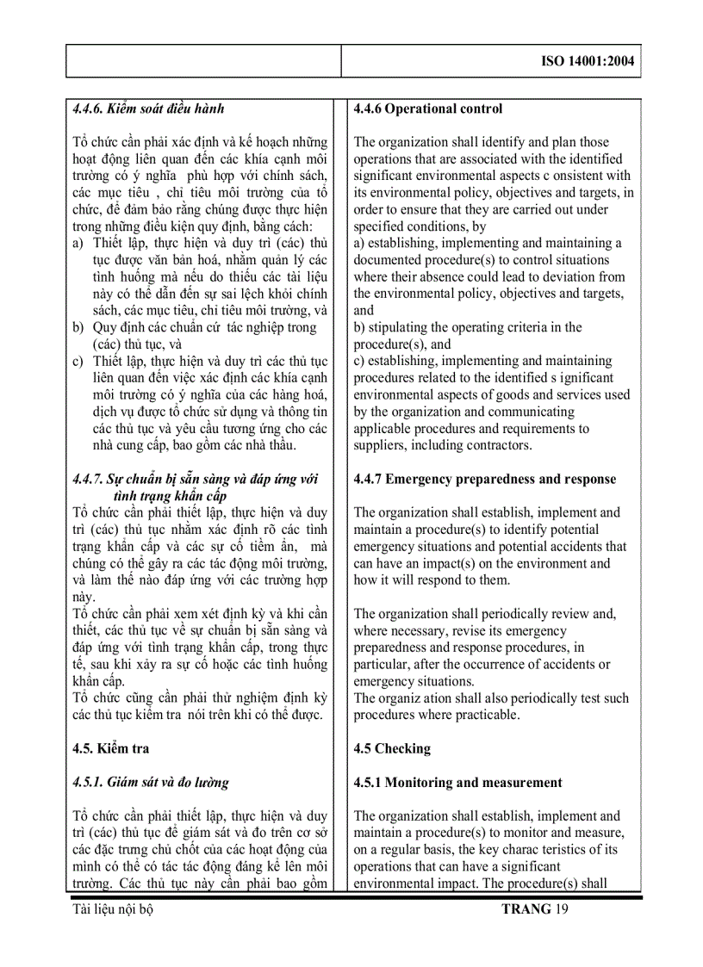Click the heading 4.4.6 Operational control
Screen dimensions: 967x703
pos(428,109)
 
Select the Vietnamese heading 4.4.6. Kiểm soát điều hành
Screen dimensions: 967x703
pos(148,109)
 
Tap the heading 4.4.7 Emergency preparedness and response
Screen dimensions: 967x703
pos(485,480)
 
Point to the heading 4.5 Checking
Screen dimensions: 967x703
pos(392,749)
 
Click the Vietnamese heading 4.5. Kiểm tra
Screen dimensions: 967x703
pos(111,749)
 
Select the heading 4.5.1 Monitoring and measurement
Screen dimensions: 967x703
pos(457,783)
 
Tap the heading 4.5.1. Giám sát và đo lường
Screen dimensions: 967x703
pos(151,783)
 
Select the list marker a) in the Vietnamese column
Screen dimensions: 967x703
pos(78,244)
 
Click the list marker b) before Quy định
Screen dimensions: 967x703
pos(78,328)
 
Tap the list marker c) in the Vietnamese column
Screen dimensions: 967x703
pos(78,362)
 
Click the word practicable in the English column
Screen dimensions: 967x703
pos(488,716)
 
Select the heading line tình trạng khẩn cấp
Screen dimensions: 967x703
pos(169,496)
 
